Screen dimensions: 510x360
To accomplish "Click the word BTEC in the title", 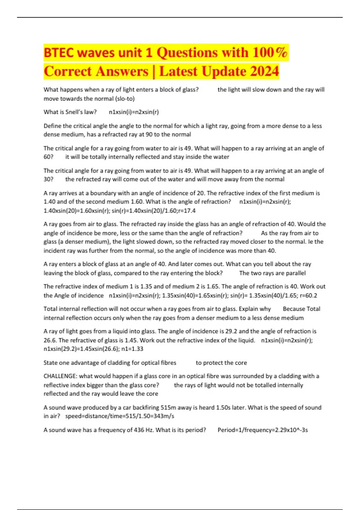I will pyautogui.click(x=58, y=53).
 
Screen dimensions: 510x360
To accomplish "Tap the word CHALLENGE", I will pyautogui.click(x=60, y=376).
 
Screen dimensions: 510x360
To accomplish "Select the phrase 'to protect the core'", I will pyautogui.click(x=221, y=363).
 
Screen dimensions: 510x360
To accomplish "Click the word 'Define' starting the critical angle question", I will pyautogui.click(x=52, y=126).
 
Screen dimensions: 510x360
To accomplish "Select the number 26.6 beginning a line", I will pyautogui.click(x=50, y=340).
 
